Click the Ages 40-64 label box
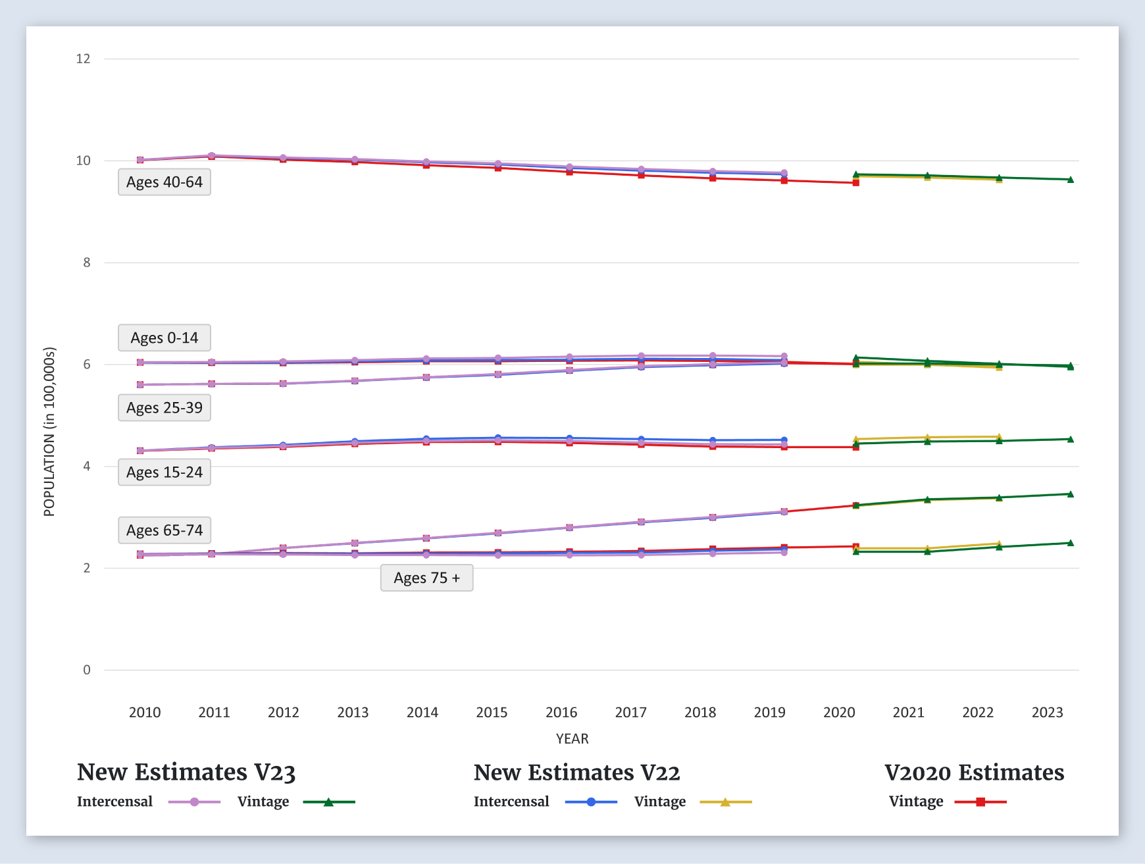coord(165,182)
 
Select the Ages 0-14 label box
coord(165,338)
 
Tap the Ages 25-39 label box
coord(165,408)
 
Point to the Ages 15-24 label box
coord(165,472)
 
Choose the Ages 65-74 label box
coord(165,530)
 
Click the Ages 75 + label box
coord(426,578)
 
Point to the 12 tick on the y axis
coord(84,59)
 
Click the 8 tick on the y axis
coord(87,263)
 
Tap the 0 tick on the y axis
coord(87,670)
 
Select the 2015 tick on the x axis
coord(492,712)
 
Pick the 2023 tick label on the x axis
coord(1047,712)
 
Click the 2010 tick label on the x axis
coord(145,712)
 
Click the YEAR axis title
coord(572,738)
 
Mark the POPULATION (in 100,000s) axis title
coord(49,432)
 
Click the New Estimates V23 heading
coord(186,773)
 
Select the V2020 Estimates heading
coord(974,773)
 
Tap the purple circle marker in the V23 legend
coord(194,802)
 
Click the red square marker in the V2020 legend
coord(980,802)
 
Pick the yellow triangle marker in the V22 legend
coord(725,802)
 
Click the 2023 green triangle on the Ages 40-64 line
coord(1071,180)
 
